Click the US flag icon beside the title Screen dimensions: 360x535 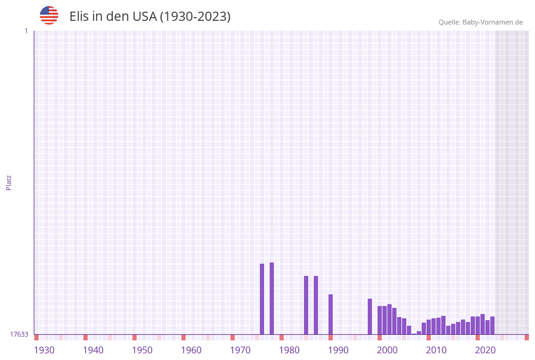pos(49,15)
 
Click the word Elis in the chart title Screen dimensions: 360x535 pos(80,17)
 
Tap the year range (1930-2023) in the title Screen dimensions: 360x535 pos(195,17)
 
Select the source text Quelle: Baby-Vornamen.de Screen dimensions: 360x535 pos(480,22)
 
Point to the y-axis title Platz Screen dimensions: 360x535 pos(9,183)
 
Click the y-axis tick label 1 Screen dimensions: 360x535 pos(26,31)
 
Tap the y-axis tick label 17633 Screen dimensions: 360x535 pos(19,334)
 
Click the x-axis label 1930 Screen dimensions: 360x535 pos(44,350)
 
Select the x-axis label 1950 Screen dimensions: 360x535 pos(142,350)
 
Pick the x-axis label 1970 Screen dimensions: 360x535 pos(240,350)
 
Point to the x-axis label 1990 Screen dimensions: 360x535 pos(338,350)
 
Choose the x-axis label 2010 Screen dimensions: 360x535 pos(436,350)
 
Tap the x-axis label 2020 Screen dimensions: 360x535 pos(485,350)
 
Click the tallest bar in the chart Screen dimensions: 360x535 pos(271,298)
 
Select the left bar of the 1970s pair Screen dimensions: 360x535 pos(262,299)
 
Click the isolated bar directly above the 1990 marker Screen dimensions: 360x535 pos(330,314)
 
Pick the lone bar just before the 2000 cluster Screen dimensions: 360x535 pos(370,316)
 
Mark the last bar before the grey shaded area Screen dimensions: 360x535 pos(492,325)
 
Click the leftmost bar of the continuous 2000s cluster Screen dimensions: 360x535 pos(379,320)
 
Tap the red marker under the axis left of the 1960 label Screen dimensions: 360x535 pos(183,337)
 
